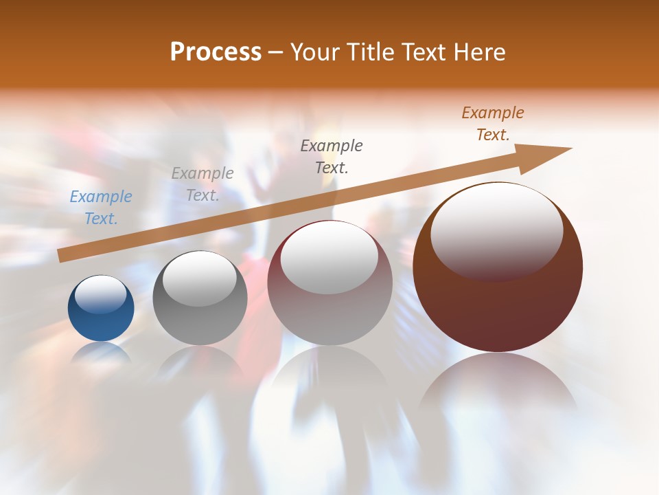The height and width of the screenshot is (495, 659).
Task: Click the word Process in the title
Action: click(x=216, y=52)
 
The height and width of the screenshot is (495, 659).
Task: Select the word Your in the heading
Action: click(x=314, y=52)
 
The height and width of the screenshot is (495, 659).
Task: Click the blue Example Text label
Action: click(x=101, y=208)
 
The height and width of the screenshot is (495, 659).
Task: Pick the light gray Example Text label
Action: click(x=203, y=184)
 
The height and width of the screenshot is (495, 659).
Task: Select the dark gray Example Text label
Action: click(x=332, y=156)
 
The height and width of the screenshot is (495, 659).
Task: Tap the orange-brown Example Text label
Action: click(x=493, y=124)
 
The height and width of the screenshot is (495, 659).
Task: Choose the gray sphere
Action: click(x=200, y=323)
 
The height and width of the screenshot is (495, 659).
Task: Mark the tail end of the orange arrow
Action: click(x=63, y=255)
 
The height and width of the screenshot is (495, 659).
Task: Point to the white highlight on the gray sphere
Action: click(x=199, y=277)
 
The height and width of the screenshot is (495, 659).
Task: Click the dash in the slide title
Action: click(x=276, y=52)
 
